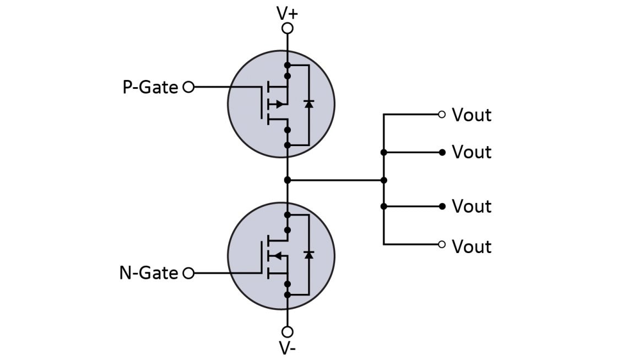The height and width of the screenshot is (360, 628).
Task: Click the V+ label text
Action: click(286, 12)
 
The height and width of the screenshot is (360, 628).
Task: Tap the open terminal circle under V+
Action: click(287, 28)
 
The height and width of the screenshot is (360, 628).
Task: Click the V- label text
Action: click(287, 348)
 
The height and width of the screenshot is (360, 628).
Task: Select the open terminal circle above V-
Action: click(287, 331)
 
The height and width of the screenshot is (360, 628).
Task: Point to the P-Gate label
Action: click(150, 87)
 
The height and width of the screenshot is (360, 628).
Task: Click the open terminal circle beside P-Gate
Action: click(188, 87)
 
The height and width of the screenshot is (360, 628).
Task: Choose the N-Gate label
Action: click(149, 273)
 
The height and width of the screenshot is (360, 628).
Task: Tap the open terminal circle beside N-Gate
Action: click(188, 273)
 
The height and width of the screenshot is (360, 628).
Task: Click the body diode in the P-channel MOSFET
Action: click(308, 104)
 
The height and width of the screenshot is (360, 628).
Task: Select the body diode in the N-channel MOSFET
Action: click(308, 255)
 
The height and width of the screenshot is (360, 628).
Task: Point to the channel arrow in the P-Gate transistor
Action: click(279, 104)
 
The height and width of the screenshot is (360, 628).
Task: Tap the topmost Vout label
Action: click(472, 115)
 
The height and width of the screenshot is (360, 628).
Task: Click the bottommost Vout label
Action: click(472, 246)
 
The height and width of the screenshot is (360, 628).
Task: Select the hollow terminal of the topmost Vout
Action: click(441, 115)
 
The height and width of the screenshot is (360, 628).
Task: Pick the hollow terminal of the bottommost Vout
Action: click(441, 244)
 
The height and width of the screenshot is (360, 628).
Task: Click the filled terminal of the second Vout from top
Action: click(442, 152)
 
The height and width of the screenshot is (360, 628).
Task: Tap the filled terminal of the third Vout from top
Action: click(442, 206)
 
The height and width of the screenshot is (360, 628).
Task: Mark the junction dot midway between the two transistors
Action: click(287, 180)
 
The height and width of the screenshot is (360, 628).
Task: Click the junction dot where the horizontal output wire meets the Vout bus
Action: click(384, 180)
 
